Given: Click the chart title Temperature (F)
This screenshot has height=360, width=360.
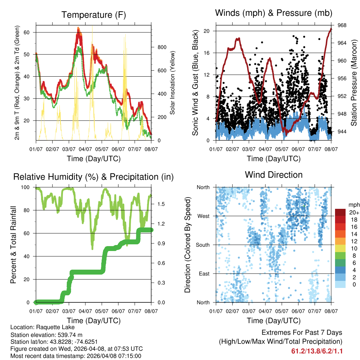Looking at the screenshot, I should click(94, 15).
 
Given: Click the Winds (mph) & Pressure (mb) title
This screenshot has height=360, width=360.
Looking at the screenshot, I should click(274, 13).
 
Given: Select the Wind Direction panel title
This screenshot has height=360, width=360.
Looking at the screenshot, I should click(274, 175).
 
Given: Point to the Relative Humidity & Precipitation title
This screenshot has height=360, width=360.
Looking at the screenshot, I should click(94, 177).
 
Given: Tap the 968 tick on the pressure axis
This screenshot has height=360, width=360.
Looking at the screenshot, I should click(342, 25).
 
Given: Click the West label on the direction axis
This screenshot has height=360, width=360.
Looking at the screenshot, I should click(203, 216).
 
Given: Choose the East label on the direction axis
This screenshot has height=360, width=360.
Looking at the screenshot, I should click(204, 274).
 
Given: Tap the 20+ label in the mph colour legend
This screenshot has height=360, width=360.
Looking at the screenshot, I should click(353, 212).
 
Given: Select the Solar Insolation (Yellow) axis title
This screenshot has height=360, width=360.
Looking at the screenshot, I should click(172, 83).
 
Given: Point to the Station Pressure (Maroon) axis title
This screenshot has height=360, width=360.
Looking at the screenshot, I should click(354, 83).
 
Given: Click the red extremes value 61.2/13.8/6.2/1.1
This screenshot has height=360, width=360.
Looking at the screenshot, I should click(317, 351).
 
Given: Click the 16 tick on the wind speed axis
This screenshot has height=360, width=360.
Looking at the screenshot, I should click(206, 53).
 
